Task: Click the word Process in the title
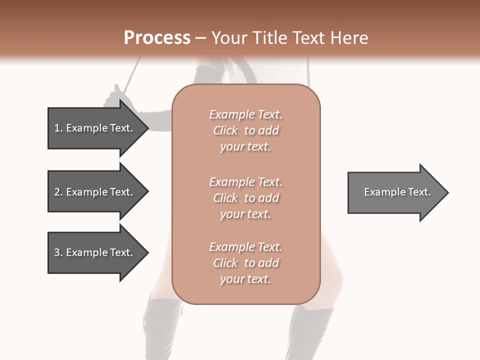(157, 38)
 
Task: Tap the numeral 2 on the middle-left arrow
(57, 192)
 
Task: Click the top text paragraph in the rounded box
(245, 130)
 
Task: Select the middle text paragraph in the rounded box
(245, 198)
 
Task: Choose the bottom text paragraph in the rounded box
(245, 263)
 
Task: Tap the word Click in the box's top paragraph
(225, 130)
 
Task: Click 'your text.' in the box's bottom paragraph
(245, 279)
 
